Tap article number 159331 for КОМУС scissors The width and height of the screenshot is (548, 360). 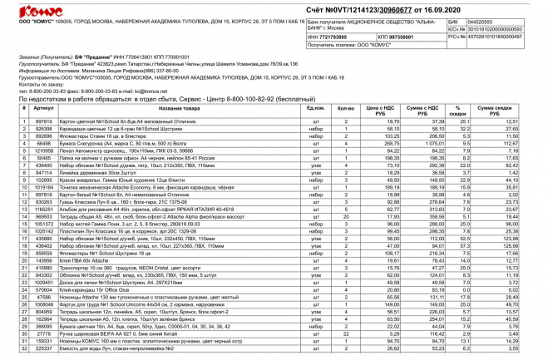(45, 339)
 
